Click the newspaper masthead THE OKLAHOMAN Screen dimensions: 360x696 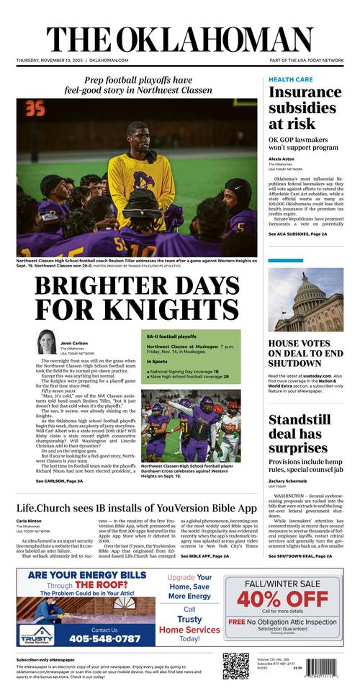click(x=180, y=40)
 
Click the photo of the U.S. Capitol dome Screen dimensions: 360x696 click(x=305, y=300)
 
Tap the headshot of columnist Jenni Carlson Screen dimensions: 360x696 click(x=48, y=342)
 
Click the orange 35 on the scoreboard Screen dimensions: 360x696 click(x=34, y=110)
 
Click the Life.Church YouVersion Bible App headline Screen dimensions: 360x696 click(x=137, y=508)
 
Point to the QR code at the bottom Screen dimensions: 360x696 click(x=235, y=666)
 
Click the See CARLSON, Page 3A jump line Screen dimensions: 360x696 click(x=59, y=481)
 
